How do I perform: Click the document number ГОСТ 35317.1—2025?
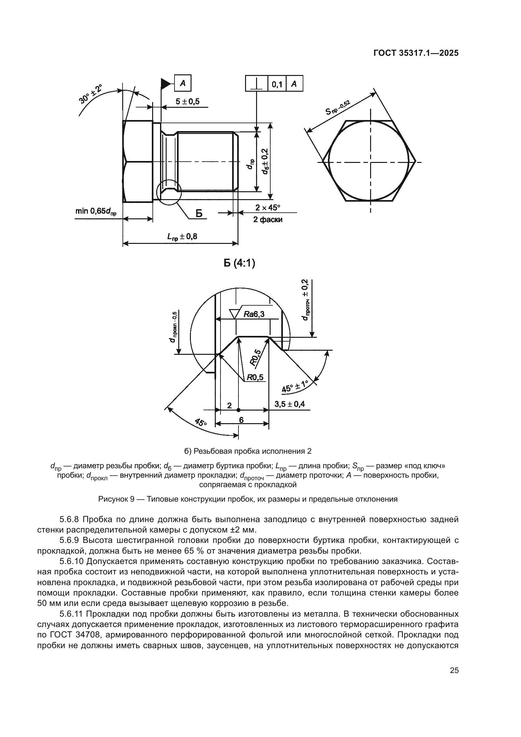(416, 53)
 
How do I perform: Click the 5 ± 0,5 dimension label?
(187, 101)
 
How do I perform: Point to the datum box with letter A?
(183, 83)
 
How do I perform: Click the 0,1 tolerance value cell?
(277, 84)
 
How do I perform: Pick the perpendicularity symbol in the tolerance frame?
(256, 84)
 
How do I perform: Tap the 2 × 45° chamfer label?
(267, 208)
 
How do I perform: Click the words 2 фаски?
(267, 220)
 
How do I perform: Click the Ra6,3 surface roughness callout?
(254, 314)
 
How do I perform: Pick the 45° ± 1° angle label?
(295, 386)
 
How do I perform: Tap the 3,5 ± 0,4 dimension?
(289, 404)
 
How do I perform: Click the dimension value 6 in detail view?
(241, 420)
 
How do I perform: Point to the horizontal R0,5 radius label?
(255, 377)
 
